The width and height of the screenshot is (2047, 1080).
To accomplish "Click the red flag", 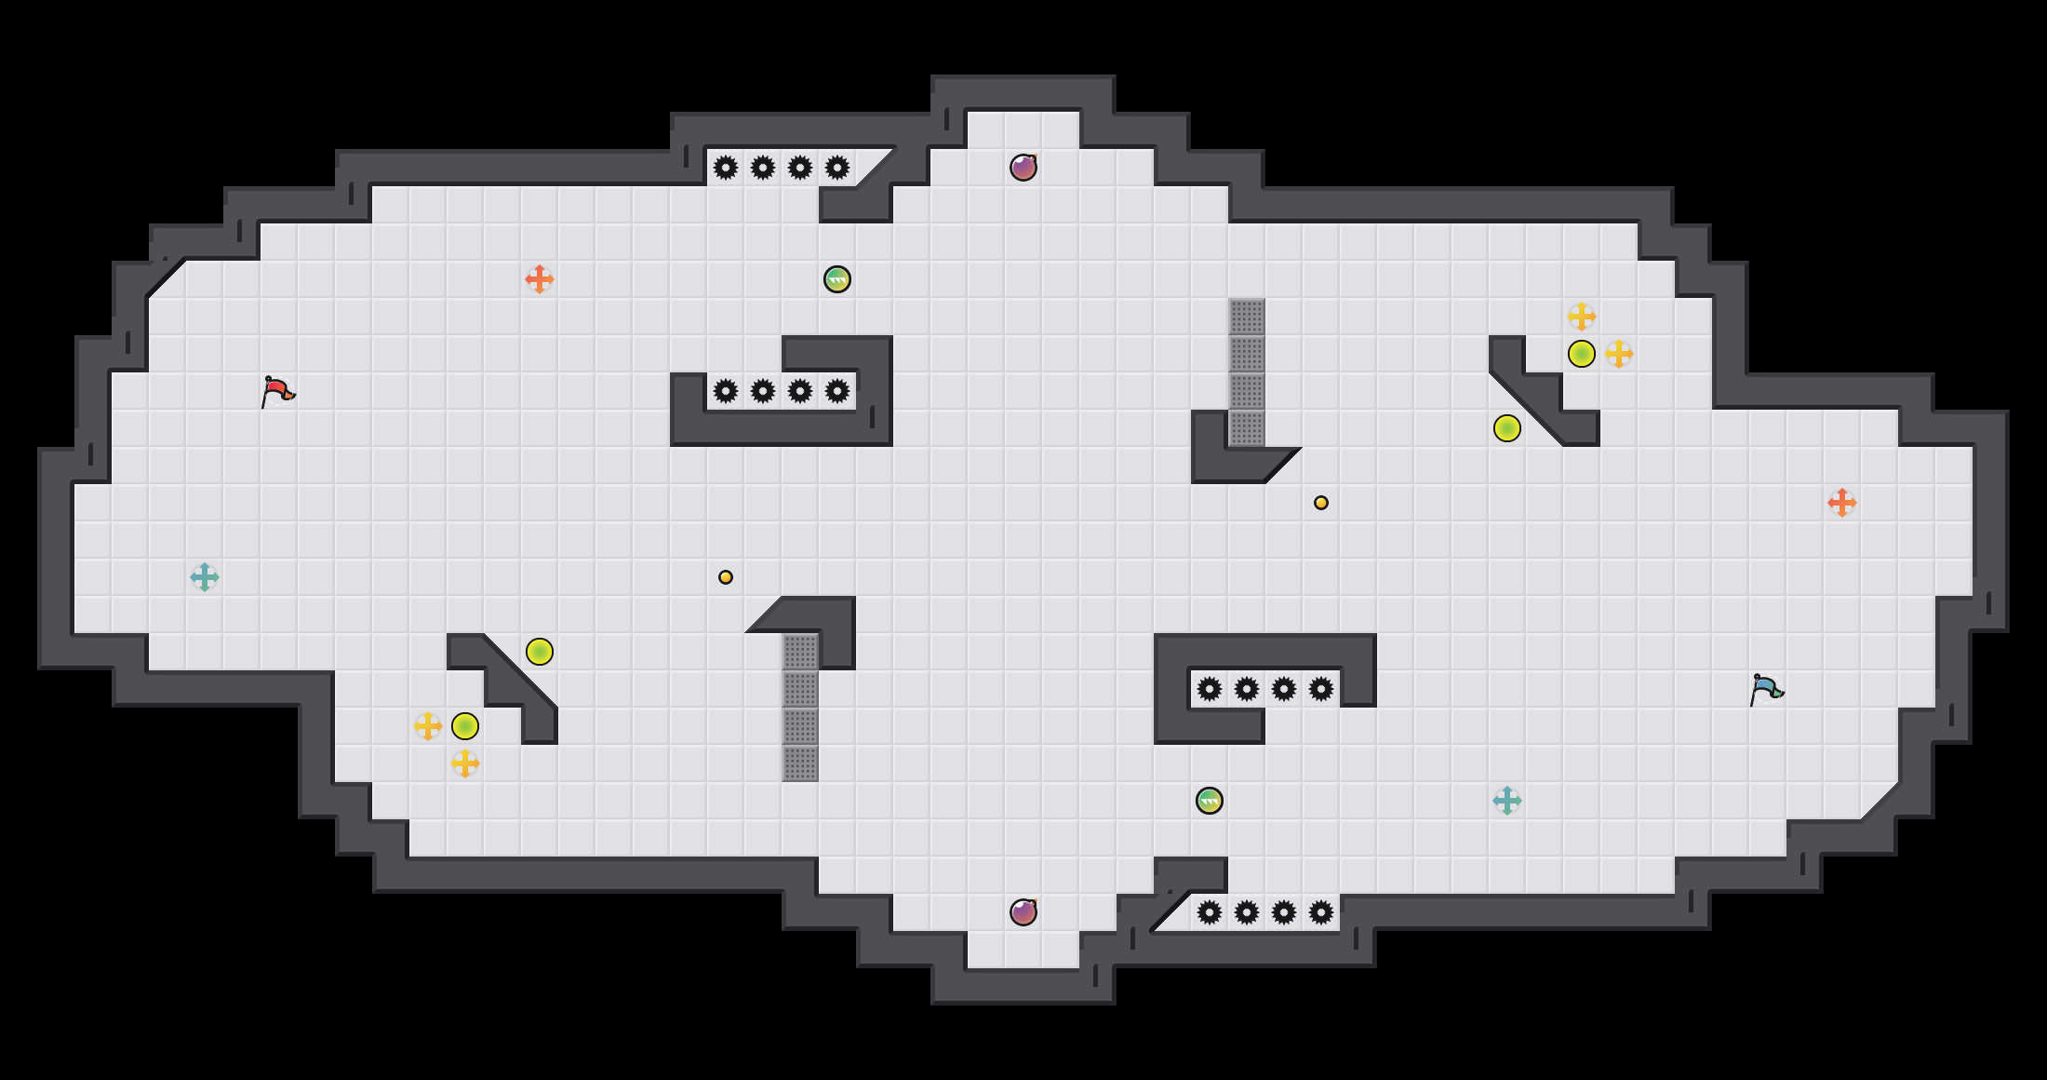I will (277, 391).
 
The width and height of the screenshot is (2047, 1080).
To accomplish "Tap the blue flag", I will (1766, 689).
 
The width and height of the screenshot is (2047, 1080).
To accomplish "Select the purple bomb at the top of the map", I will (1023, 168).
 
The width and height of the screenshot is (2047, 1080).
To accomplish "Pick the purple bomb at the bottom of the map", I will (1023, 912).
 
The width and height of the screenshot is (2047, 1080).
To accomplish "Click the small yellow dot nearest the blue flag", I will (1321, 503).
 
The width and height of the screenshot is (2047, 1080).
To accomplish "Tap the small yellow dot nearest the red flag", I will (726, 577).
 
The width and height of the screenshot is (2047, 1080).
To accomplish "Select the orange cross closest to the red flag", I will (540, 279).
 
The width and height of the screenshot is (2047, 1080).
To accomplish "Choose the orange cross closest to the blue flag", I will (1842, 503).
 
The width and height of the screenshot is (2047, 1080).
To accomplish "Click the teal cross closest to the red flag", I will (205, 577).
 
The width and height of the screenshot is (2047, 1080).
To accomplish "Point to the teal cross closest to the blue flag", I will (1507, 801).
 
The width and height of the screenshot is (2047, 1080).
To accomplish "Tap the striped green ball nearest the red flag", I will (837, 279).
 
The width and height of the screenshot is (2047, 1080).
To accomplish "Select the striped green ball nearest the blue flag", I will (1210, 801).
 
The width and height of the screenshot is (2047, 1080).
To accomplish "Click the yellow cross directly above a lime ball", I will (1582, 317).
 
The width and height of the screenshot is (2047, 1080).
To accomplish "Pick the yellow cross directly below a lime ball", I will (465, 763).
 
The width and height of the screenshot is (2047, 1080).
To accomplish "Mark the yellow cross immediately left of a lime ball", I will (428, 726).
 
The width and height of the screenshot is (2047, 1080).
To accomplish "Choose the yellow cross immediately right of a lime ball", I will (1619, 354).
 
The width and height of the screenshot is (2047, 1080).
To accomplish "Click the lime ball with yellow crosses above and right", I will (1582, 354).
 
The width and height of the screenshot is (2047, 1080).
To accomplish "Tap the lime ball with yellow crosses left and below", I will (465, 726).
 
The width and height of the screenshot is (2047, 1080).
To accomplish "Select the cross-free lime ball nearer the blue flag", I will (1507, 428).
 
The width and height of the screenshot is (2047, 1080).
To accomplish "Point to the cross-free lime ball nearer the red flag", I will (540, 652).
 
